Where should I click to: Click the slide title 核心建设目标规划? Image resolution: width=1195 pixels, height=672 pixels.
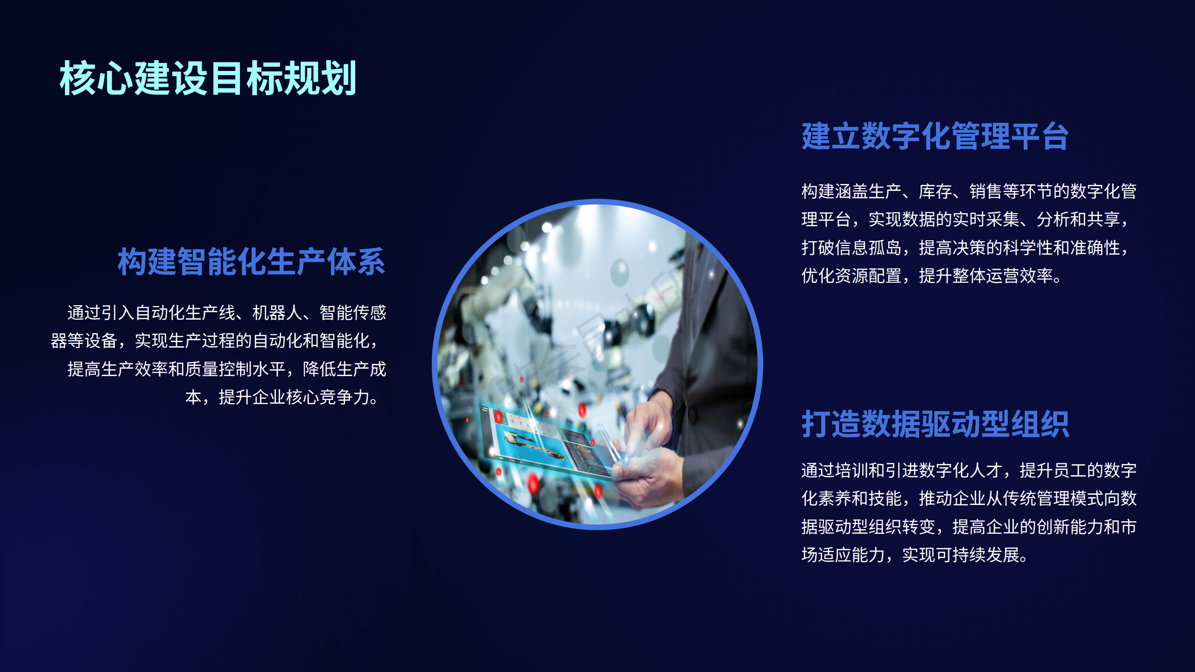tap(208, 78)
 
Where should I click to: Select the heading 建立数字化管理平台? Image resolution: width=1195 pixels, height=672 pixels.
tap(935, 136)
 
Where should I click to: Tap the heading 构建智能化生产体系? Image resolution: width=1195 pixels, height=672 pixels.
tap(251, 262)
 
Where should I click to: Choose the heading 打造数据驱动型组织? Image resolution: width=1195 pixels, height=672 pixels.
tap(935, 424)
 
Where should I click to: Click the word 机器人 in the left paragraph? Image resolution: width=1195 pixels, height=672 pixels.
tap(277, 313)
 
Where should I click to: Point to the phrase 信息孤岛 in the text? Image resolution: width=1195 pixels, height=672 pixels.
tap(868, 248)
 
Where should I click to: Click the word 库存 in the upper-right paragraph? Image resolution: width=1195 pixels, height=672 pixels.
tap(935, 191)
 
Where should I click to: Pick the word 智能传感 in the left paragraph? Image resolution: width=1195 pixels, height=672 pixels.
tap(353, 313)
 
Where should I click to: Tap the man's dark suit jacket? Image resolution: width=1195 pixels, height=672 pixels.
tap(710, 355)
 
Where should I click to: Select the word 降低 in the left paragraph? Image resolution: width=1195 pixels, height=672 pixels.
tap(319, 369)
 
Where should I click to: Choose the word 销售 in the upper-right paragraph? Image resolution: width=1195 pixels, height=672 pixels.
tap(986, 191)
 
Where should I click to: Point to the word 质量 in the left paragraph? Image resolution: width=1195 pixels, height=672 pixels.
tap(202, 369)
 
